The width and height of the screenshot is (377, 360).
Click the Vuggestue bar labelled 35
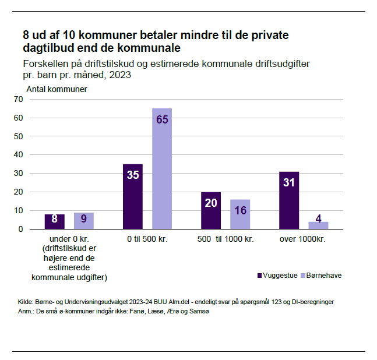[x=133, y=196]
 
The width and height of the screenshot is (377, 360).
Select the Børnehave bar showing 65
[x=162, y=168]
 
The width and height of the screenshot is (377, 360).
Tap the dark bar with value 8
[x=55, y=221]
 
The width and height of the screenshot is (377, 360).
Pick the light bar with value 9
[x=84, y=221]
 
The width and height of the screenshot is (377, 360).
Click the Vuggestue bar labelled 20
[x=211, y=210]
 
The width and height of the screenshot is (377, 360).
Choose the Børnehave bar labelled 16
[x=240, y=214]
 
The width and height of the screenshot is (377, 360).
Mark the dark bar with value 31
[x=289, y=200]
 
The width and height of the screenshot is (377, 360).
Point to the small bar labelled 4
[x=318, y=225]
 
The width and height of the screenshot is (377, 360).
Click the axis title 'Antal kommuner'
[x=57, y=89]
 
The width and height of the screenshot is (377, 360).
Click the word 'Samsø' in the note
[x=199, y=312]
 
